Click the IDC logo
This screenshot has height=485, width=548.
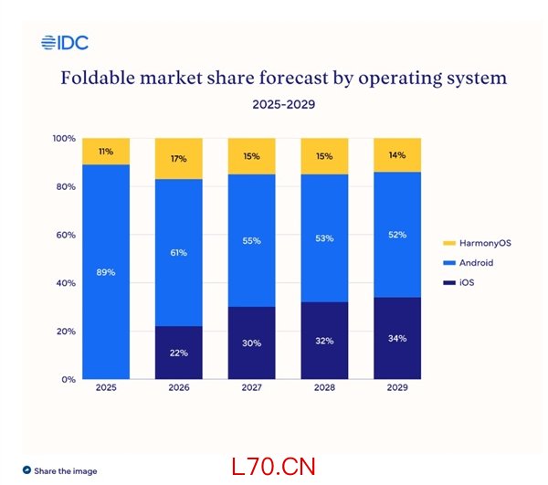click(65, 42)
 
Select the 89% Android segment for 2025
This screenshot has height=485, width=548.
click(106, 271)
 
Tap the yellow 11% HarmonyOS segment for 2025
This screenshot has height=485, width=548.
click(106, 151)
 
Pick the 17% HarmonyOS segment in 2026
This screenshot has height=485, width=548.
click(179, 159)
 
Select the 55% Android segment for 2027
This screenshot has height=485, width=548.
click(251, 240)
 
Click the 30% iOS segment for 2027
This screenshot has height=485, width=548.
click(251, 343)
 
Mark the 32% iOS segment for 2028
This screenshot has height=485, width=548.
click(324, 340)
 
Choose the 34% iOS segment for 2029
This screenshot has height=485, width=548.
click(397, 338)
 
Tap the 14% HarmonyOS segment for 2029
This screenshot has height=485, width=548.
click(397, 155)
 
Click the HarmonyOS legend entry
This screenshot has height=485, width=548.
click(469, 243)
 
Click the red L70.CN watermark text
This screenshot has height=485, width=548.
click(273, 467)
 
